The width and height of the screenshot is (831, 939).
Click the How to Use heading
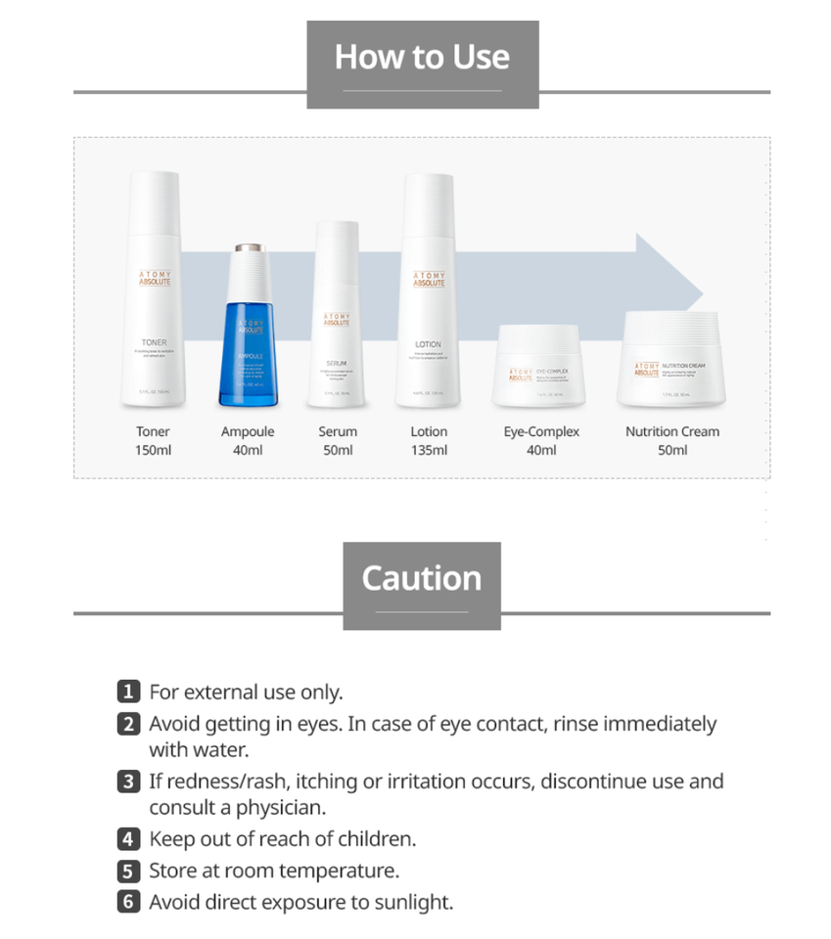point(422,57)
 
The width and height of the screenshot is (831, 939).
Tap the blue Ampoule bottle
point(248,337)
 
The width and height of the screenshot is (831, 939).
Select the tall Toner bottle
point(153,293)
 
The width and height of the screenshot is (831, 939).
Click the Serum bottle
point(338,318)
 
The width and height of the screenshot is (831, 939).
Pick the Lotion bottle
point(428,293)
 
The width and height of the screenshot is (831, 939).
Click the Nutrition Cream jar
point(671,360)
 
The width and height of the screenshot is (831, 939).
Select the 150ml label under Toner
point(153,450)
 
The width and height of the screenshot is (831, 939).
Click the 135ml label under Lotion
point(429,450)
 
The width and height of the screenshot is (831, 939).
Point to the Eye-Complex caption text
point(541,431)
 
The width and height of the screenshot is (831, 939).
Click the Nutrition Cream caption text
point(672,431)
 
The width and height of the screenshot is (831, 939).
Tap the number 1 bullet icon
point(128,693)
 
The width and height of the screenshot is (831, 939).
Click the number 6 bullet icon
point(128,902)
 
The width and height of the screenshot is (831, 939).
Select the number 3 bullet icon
point(128,782)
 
